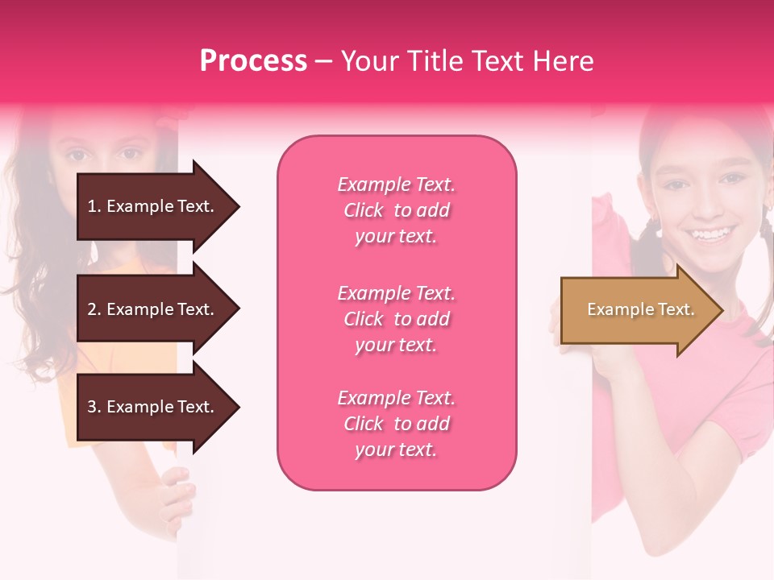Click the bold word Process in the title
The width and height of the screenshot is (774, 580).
(x=253, y=61)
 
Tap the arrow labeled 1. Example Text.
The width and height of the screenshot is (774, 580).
(x=153, y=206)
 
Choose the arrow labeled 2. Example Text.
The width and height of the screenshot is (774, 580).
(x=153, y=309)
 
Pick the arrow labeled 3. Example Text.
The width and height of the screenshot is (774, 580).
(x=153, y=407)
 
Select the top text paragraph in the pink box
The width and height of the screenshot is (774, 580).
(x=396, y=210)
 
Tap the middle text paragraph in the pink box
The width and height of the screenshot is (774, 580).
(x=396, y=319)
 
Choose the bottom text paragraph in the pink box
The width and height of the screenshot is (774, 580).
(x=396, y=424)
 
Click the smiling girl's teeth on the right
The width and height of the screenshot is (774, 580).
(x=710, y=234)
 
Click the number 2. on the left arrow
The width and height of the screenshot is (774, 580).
(x=94, y=309)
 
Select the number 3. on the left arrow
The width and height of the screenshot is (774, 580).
(x=94, y=407)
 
